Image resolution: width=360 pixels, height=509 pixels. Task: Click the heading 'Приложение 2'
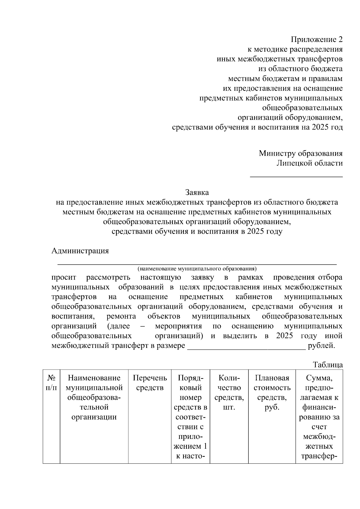point(316,40)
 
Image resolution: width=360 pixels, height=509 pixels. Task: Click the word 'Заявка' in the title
point(197,192)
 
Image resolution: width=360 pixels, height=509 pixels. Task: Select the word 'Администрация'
point(80,251)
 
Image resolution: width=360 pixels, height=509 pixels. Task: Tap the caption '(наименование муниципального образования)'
point(197,268)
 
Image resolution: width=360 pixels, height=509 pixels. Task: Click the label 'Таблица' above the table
point(328,365)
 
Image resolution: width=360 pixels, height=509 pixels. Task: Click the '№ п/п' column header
point(51,383)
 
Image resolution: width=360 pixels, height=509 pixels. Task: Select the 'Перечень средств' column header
point(150,383)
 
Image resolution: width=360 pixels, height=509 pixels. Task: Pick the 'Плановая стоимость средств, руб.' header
point(272,393)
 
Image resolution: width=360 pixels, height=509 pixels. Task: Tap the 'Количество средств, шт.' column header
point(229,393)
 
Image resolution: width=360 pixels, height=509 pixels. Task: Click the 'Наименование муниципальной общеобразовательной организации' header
point(94,397)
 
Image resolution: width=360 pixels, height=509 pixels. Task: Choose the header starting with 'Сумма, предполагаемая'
point(319,417)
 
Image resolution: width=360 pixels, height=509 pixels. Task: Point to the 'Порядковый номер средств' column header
point(190,417)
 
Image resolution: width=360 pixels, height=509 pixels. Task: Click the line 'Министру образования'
point(301,154)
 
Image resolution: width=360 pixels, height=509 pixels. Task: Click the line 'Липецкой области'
point(309,163)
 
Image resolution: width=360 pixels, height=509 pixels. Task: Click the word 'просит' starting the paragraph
point(64,277)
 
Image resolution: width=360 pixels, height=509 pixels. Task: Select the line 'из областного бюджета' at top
point(300,69)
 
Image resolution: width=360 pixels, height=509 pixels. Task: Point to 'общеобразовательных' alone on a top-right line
point(302,108)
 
